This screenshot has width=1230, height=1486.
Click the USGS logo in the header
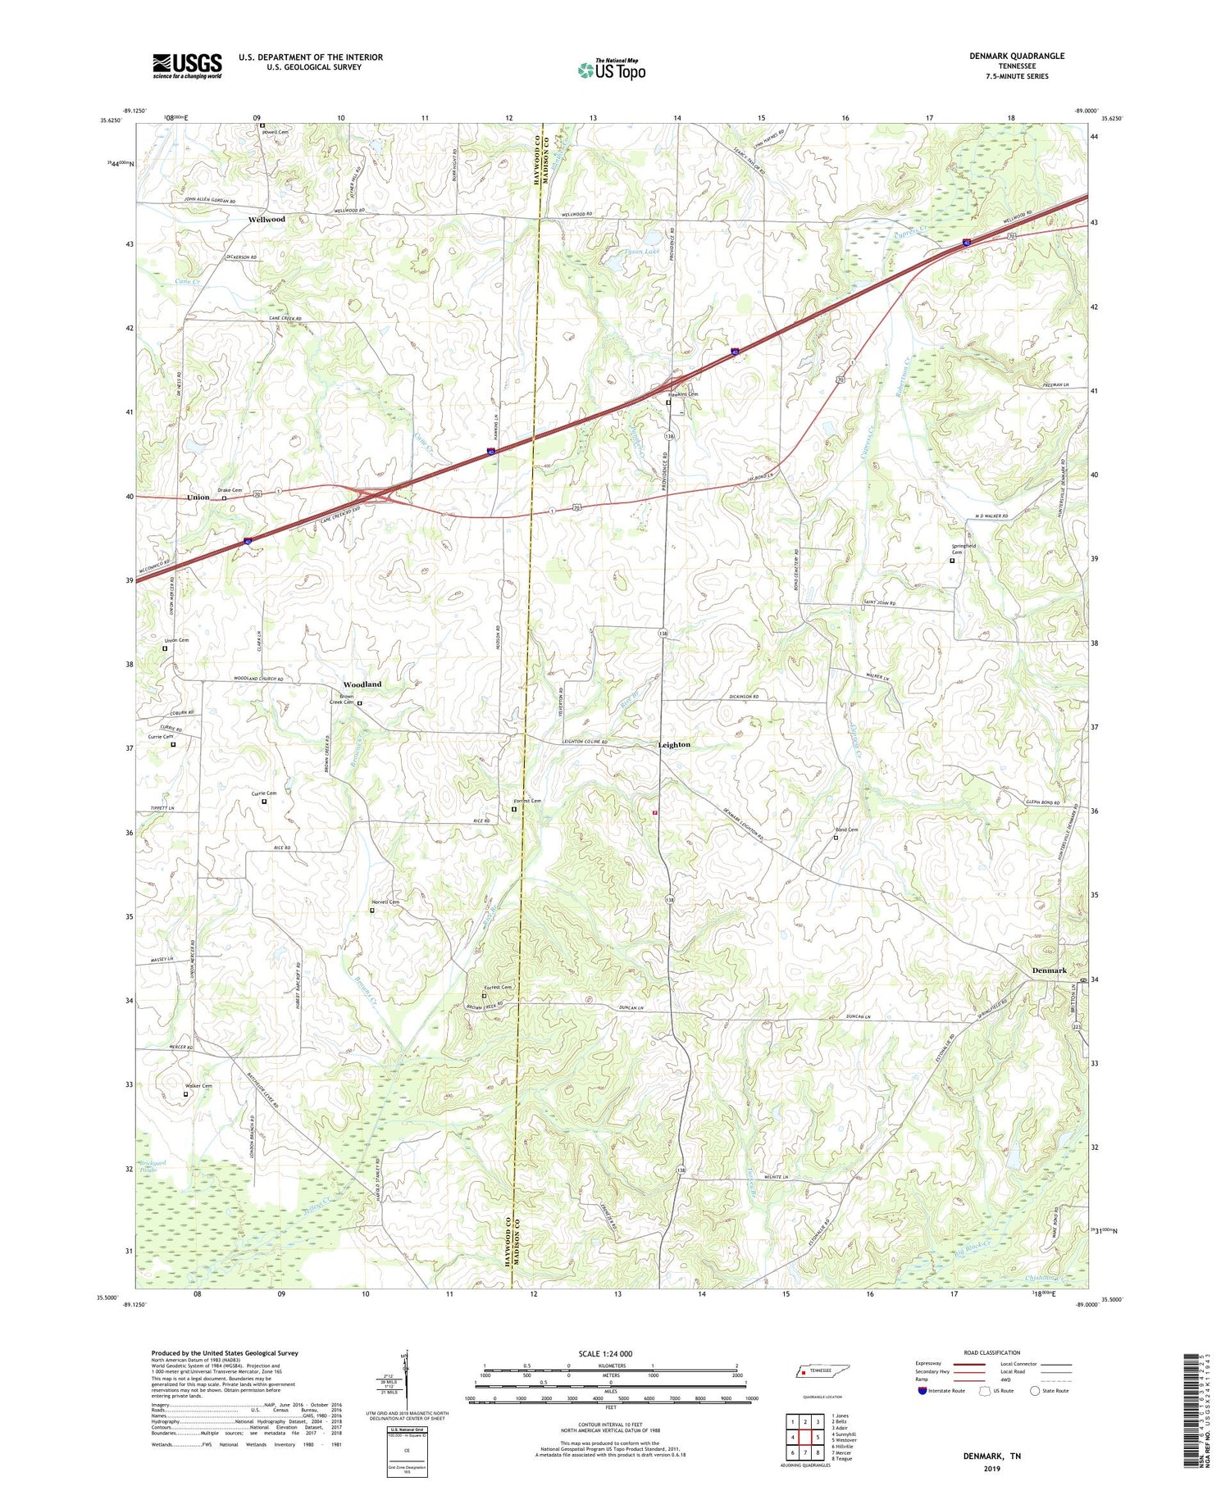pyautogui.click(x=187, y=66)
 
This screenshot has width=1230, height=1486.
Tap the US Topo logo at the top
pyautogui.click(x=611, y=70)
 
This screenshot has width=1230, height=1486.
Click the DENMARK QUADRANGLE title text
pyautogui.click(x=1016, y=56)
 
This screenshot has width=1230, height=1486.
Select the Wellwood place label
pyautogui.click(x=266, y=220)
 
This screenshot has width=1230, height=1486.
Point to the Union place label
pyautogui.click(x=198, y=498)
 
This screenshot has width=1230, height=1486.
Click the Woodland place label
pyautogui.click(x=362, y=684)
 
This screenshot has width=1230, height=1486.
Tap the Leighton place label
pyautogui.click(x=674, y=745)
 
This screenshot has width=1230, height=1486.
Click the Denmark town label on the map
pyautogui.click(x=1049, y=970)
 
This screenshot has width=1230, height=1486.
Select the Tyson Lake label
pyautogui.click(x=642, y=252)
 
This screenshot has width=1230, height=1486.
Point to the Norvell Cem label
pyautogui.click(x=385, y=902)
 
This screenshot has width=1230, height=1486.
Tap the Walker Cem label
pyautogui.click(x=198, y=1086)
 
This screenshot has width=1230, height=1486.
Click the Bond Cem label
pyautogui.click(x=846, y=829)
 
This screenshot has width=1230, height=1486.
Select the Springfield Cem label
pyautogui.click(x=963, y=548)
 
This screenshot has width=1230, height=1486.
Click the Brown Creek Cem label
pyautogui.click(x=341, y=699)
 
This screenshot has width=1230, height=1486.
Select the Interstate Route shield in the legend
pyautogui.click(x=922, y=1391)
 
